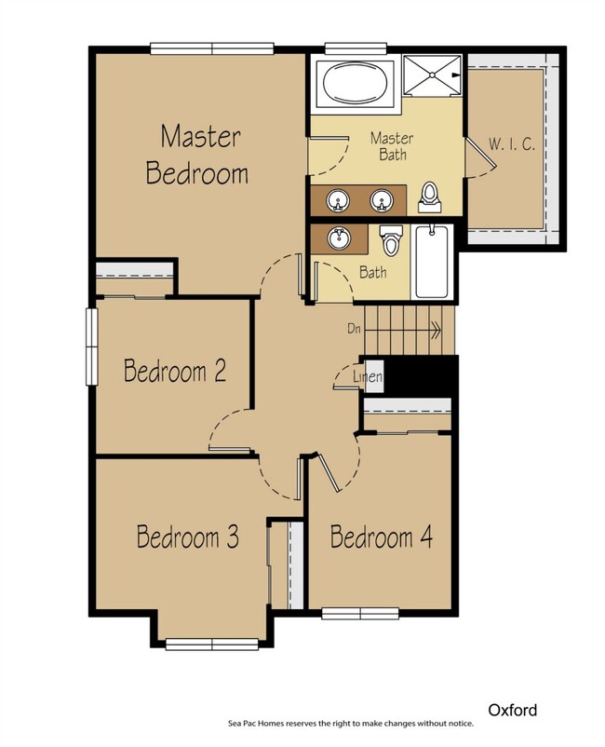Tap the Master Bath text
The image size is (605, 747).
(x=391, y=145)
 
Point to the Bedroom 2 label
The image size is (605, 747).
(x=176, y=371)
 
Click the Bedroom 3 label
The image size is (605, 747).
(x=189, y=536)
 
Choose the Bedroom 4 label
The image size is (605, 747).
(x=382, y=537)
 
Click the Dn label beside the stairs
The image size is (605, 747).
(x=354, y=328)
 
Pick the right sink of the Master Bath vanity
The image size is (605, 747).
(x=379, y=198)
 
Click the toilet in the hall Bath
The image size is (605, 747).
(x=391, y=241)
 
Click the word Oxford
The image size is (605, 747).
(x=512, y=710)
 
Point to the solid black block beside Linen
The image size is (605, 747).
(x=421, y=377)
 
